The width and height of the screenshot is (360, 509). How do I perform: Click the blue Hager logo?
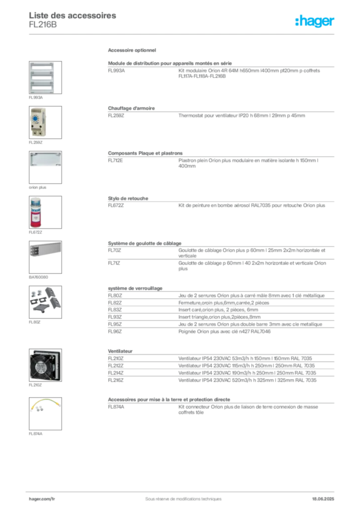(315, 21)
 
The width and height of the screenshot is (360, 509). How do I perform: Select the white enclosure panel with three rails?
(42, 77)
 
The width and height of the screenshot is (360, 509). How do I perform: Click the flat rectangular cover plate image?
(45, 159)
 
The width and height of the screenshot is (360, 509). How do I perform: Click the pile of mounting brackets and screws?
(44, 301)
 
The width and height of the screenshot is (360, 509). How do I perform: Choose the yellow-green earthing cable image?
(44, 406)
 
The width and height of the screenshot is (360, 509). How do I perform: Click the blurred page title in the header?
(74, 16)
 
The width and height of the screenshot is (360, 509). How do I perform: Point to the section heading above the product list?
(133, 51)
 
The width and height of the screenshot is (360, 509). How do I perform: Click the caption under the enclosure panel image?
(35, 97)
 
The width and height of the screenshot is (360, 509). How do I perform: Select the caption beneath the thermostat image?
(35, 142)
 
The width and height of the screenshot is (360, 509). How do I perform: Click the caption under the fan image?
(35, 385)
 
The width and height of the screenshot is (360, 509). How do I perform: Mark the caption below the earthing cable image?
(35, 434)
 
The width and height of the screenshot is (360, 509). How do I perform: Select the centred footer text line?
(180, 496)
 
